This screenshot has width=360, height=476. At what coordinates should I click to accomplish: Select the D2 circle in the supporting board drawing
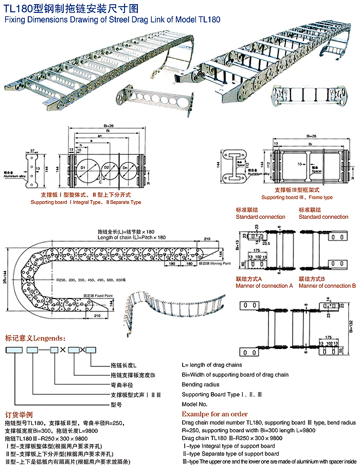tap(106, 168)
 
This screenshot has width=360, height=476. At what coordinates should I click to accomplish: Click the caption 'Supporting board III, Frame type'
tap(297, 197)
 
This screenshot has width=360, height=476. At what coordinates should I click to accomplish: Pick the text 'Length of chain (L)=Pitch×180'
tap(132, 237)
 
